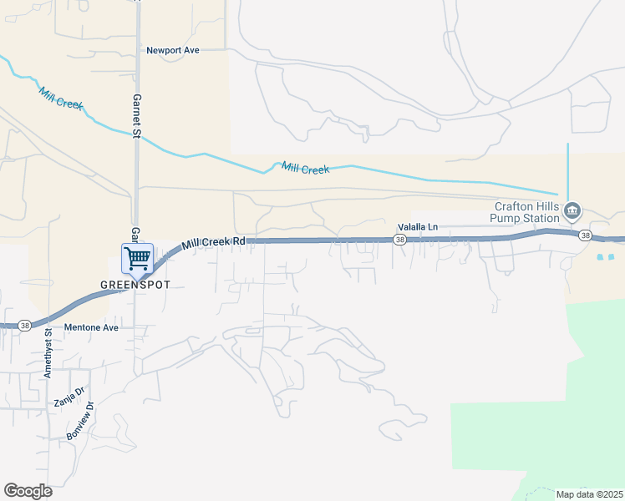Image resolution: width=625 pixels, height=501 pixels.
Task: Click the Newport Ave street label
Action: [x=173, y=50]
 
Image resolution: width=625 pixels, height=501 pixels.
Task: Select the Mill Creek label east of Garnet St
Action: [x=305, y=168]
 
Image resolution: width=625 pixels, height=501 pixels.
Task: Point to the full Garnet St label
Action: [x=137, y=113]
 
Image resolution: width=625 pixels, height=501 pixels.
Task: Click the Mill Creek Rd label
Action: [x=214, y=241]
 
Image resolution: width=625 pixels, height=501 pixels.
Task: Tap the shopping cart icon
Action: [x=137, y=258]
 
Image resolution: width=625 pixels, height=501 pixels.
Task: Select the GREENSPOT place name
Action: [x=135, y=284]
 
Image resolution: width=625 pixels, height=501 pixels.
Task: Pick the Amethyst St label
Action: [x=48, y=353]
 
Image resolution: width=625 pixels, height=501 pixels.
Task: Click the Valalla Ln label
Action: [x=417, y=226]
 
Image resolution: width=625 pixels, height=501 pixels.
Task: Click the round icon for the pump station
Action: [x=572, y=209]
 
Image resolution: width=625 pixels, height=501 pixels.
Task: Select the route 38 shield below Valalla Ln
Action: [x=400, y=240]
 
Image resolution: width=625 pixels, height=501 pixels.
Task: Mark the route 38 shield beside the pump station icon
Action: [x=586, y=235]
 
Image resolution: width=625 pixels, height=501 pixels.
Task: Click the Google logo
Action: [x=28, y=490]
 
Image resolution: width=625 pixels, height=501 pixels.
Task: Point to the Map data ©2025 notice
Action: [x=588, y=494]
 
